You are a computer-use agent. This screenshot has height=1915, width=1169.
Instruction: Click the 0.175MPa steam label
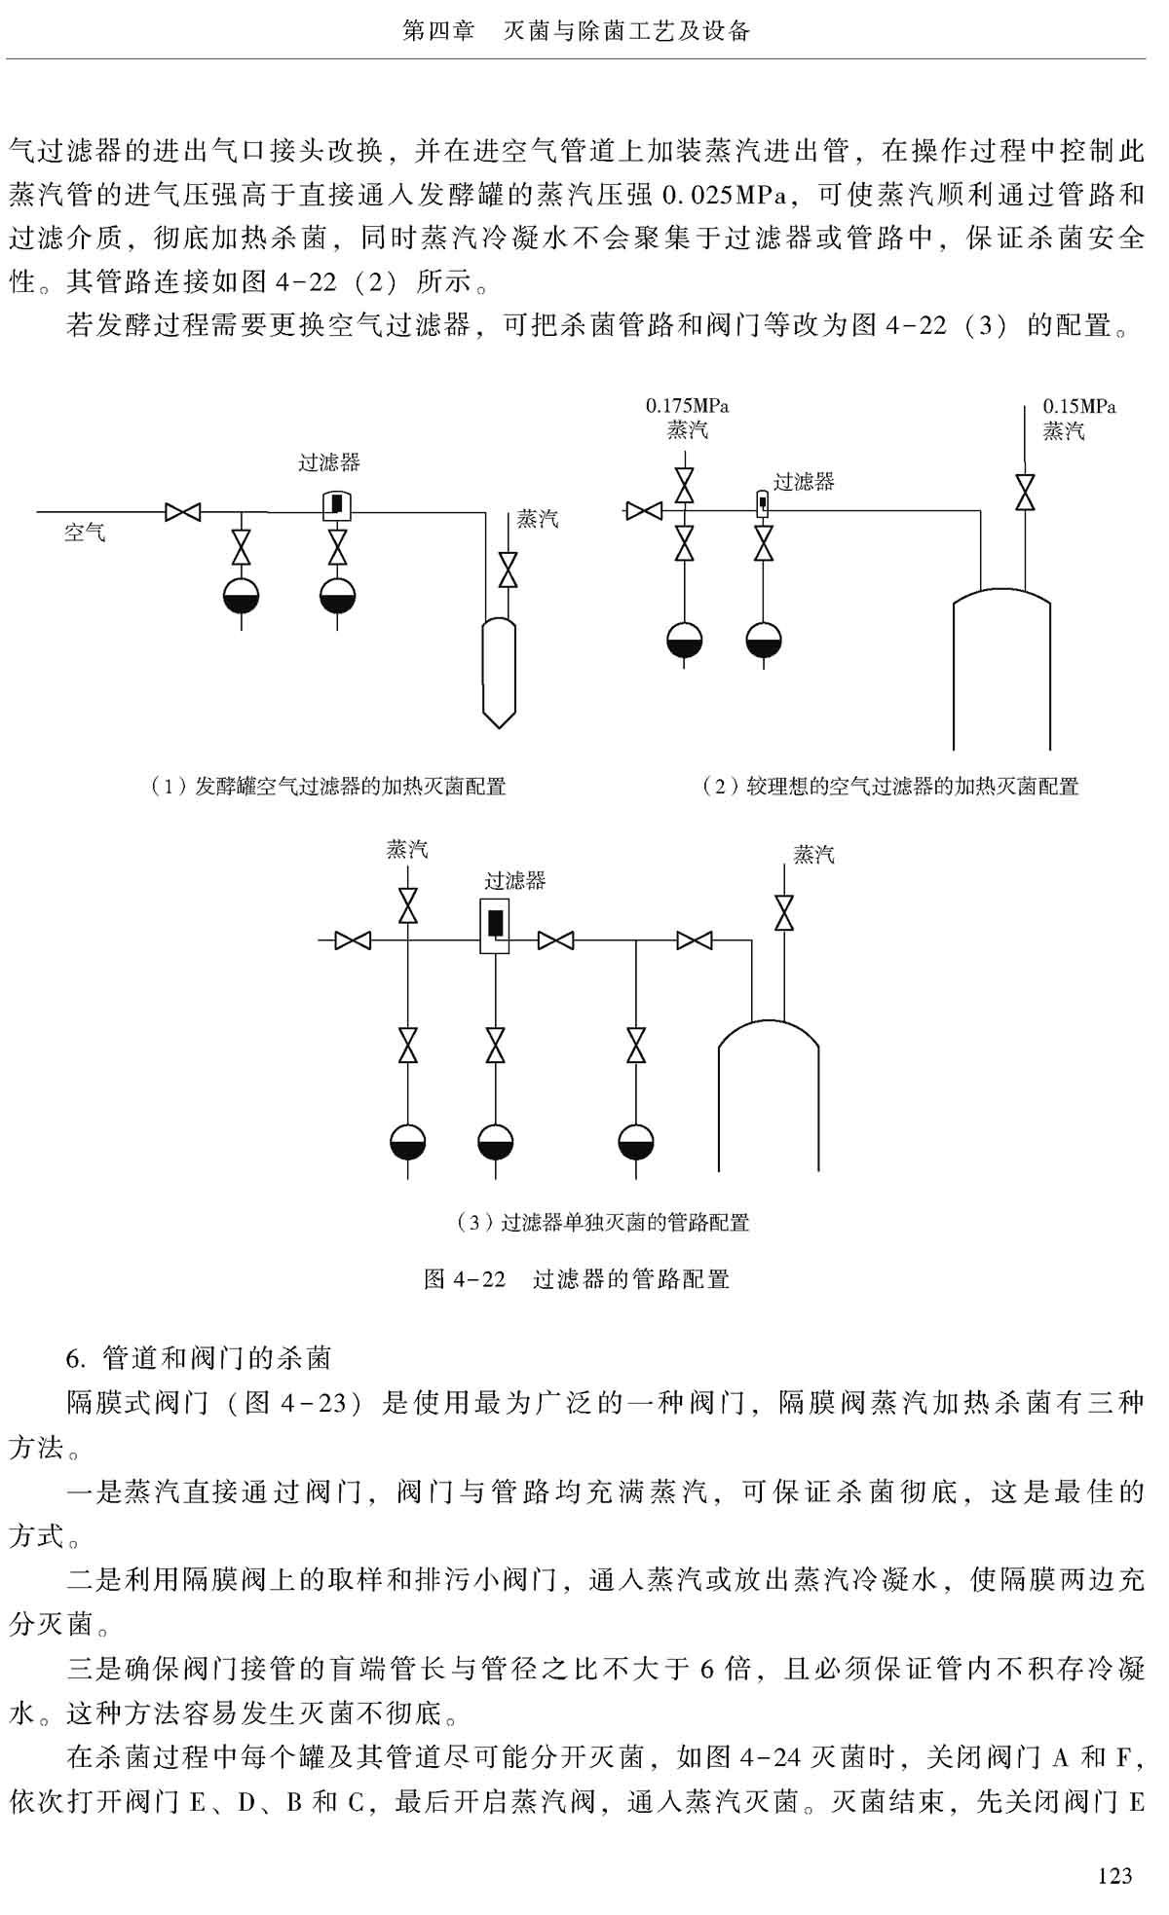coord(687,418)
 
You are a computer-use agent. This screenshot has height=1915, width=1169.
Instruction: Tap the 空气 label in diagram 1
coord(85,533)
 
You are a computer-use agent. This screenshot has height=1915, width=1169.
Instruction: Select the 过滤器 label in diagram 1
coord(328,462)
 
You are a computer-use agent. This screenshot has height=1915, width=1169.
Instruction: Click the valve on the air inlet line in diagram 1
coord(182,511)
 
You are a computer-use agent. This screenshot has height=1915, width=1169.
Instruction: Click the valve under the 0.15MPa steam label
coord(1024,491)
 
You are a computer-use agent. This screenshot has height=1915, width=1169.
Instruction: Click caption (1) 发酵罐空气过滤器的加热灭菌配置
coord(327,786)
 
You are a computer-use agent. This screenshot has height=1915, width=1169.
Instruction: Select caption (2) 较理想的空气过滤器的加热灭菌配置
coord(890,786)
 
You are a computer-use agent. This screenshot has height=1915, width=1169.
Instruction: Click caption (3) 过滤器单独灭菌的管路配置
coord(603,1222)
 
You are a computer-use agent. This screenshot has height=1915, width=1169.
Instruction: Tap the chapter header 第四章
coord(438,31)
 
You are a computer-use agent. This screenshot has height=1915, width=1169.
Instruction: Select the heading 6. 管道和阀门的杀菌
coord(199,1357)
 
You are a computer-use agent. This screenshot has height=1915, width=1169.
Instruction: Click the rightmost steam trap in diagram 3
coord(635,1142)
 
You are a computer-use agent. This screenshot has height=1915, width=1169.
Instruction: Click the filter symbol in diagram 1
coord(336,503)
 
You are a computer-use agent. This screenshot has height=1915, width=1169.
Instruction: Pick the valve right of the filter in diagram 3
coord(555,940)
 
